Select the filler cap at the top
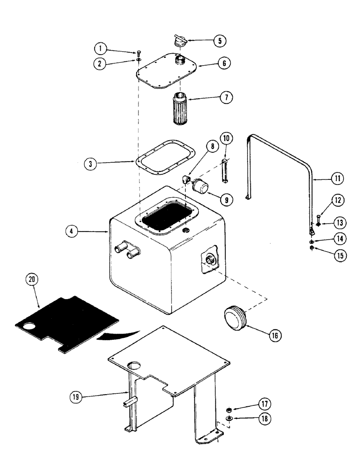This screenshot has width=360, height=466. [x=179, y=41]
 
